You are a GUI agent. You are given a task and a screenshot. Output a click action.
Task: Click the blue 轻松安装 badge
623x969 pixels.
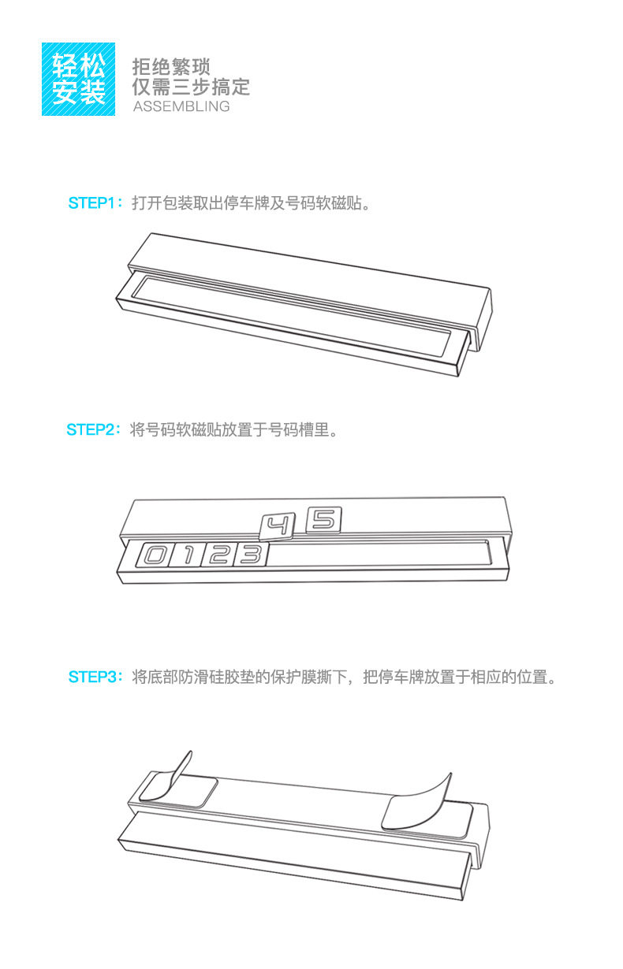click(x=78, y=79)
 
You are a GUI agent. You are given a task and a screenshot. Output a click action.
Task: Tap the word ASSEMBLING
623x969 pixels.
click(x=181, y=106)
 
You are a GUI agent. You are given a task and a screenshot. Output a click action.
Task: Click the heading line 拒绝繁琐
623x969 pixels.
click(x=171, y=66)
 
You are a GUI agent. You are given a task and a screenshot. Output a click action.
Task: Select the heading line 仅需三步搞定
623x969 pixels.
click(x=191, y=87)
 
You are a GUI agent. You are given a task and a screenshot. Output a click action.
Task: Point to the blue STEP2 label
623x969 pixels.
click(x=91, y=430)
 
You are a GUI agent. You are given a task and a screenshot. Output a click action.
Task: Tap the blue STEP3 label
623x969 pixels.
click(x=92, y=678)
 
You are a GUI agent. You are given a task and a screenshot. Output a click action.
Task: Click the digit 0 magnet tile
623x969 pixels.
click(x=153, y=555)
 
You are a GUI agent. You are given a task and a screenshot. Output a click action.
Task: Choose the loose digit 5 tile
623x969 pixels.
click(x=323, y=519)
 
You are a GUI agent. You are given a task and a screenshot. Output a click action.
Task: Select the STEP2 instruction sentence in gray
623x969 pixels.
click(x=233, y=430)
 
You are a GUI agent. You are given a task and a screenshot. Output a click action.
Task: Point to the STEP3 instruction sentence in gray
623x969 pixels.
click(x=345, y=678)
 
